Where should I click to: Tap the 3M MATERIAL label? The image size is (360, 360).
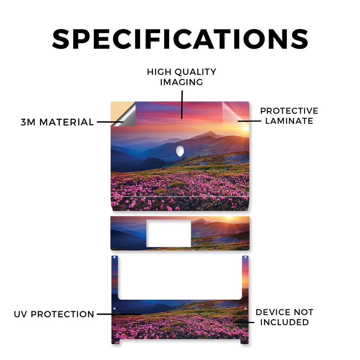[57, 122]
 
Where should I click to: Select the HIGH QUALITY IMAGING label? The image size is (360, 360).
[182, 77]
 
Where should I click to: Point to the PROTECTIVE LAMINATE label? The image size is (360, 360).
[289, 116]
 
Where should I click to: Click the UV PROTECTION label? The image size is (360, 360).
[54, 314]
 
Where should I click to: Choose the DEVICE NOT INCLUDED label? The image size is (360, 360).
[284, 317]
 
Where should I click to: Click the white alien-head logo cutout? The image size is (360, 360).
[180, 151]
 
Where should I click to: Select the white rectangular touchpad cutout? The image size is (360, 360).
[169, 233]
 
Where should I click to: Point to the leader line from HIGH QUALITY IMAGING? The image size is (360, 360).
[182, 105]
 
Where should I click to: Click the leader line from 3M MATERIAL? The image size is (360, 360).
[110, 122]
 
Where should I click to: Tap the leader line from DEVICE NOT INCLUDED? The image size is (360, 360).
[244, 322]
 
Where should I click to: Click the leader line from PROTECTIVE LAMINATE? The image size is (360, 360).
[249, 121]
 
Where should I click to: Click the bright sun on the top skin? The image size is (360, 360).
[246, 128]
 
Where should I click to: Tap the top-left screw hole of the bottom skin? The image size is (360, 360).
[115, 257]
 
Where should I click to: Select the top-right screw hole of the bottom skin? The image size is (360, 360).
[245, 257]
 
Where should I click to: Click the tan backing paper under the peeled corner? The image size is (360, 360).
[118, 110]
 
